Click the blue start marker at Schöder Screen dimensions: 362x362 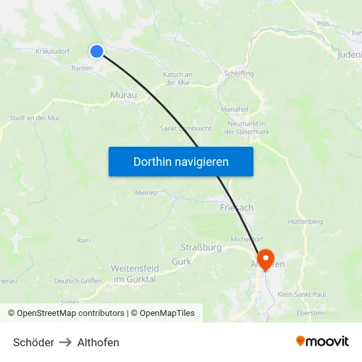click(97, 51)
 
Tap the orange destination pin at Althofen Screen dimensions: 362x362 click(265, 258)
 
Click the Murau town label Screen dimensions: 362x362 click(124, 95)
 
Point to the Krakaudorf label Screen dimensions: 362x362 click(53, 51)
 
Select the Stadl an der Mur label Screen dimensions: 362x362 click(35, 118)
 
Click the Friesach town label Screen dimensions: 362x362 click(236, 207)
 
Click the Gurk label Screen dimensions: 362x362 click(181, 262)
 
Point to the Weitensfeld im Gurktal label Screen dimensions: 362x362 click(134, 274)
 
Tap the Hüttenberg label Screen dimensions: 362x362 click(305, 222)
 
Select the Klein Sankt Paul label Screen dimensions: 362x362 click(302, 294)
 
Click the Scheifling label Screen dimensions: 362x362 click(238, 74)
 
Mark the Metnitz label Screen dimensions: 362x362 click(146, 193)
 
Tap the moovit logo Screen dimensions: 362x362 click(323, 342)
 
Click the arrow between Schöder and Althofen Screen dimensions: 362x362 click(66, 342)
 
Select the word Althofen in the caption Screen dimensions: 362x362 click(98, 342)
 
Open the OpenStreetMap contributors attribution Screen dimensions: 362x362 click(70, 313)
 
